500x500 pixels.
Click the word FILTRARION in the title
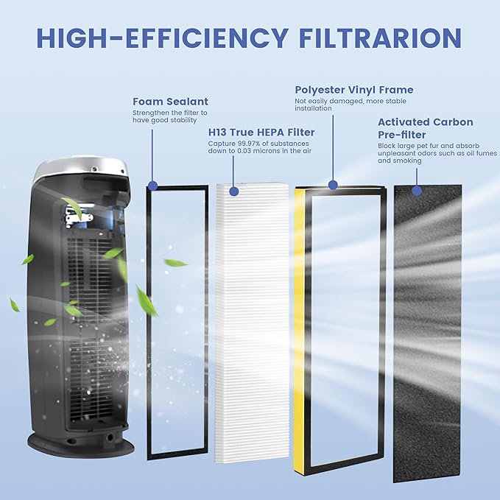click(x=377, y=38)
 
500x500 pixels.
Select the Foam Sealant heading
click(x=170, y=102)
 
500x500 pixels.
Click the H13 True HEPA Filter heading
click(x=261, y=133)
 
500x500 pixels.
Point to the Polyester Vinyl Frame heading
click(x=354, y=90)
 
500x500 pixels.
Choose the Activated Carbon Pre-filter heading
click(x=426, y=129)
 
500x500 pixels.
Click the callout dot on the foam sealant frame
click(x=152, y=186)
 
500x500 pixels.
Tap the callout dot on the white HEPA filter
click(x=233, y=191)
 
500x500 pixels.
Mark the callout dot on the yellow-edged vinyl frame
click(x=332, y=186)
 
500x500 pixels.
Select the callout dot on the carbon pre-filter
click(x=417, y=191)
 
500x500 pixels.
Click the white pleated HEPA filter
click(x=252, y=324)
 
